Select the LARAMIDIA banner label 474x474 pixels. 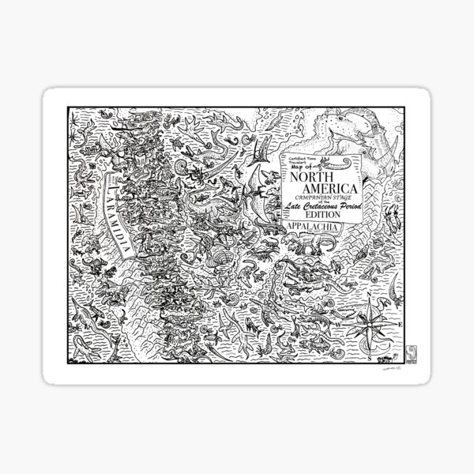pos(116,214)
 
